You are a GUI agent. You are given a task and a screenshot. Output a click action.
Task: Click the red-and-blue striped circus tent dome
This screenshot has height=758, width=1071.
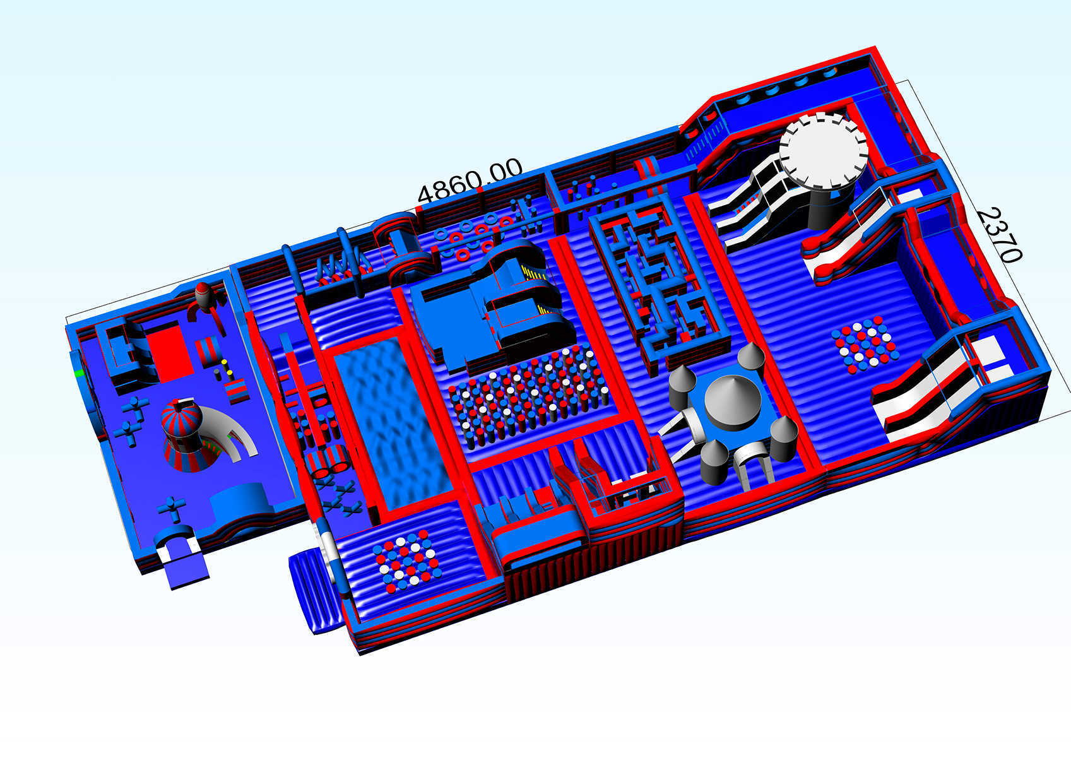[181, 419]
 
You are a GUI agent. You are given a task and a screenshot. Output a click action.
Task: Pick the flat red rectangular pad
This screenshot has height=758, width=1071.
[169, 352]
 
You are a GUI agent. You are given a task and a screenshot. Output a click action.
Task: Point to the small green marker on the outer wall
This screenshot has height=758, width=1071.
[79, 373]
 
